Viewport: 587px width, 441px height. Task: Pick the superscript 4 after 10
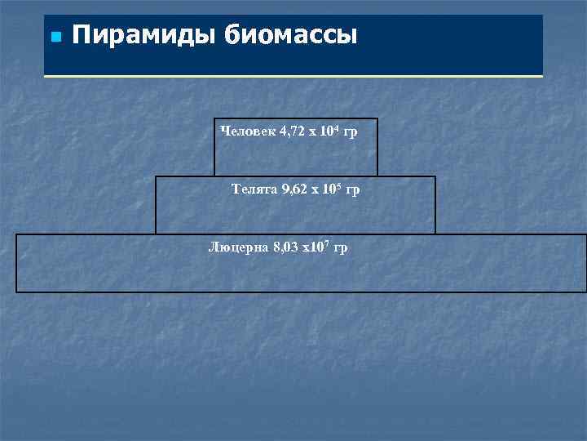[335, 127]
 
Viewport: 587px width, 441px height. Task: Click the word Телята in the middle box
[254, 189]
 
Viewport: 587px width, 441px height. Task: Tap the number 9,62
[297, 189]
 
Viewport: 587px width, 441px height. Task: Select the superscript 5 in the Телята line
[338, 186]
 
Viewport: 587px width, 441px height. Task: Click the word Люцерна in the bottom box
[236, 247]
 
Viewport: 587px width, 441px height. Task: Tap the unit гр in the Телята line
[352, 189]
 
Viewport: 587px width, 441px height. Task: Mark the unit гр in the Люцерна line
[340, 247]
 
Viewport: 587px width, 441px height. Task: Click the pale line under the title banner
[293, 76]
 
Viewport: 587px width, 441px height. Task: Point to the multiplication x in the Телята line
[318, 190]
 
